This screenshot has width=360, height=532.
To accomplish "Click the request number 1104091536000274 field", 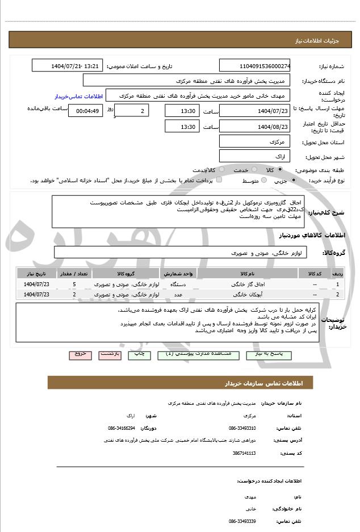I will (x=255, y=66).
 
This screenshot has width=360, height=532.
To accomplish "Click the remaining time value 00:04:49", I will (x=85, y=111).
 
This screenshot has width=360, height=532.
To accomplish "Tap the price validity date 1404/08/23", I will (x=255, y=127).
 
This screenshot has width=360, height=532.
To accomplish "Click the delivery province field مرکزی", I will (x=255, y=141).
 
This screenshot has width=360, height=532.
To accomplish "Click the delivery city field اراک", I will (x=255, y=156).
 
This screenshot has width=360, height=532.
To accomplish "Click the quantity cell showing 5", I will (x=74, y=284).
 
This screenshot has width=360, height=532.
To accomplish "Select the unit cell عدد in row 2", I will (x=178, y=294).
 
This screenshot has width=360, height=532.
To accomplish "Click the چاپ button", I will (x=139, y=354).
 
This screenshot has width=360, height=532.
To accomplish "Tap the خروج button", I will (x=80, y=354).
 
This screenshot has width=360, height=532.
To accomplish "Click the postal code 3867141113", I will (x=244, y=453).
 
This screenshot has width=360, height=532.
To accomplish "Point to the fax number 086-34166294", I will (x=122, y=428).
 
